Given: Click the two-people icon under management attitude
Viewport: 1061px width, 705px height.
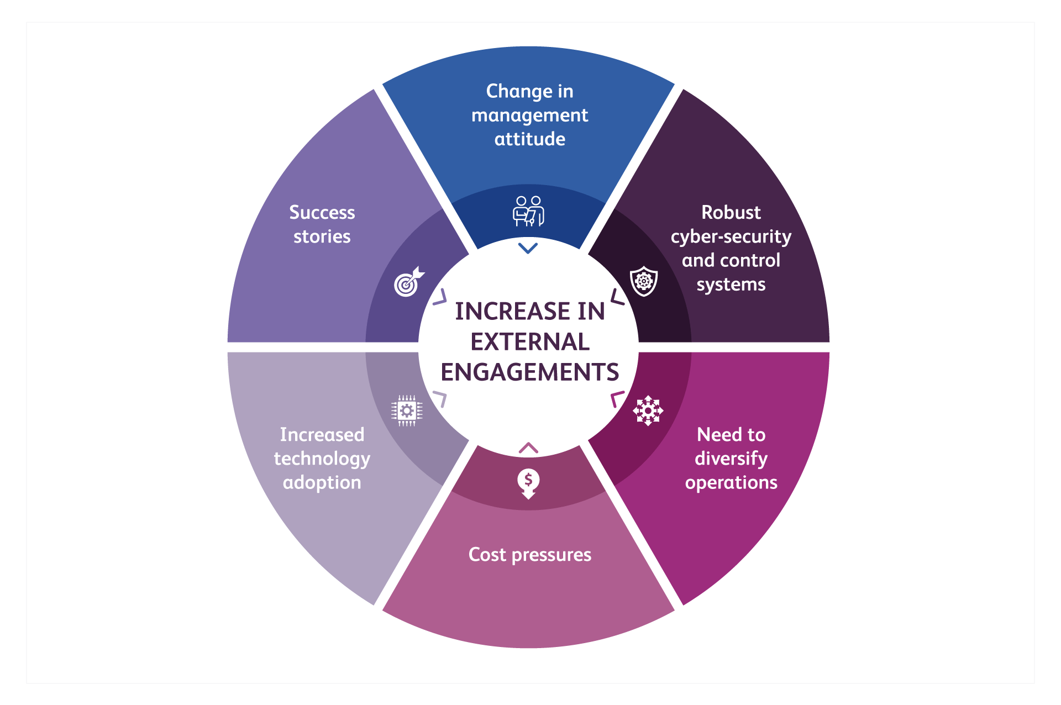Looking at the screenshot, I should [x=528, y=211].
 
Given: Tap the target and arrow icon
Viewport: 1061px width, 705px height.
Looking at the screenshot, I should [x=408, y=282].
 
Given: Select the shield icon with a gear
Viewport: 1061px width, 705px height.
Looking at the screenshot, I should [x=644, y=281].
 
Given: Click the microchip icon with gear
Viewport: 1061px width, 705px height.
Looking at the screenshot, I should [x=407, y=411].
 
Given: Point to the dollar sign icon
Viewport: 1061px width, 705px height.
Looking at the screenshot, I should [x=528, y=483].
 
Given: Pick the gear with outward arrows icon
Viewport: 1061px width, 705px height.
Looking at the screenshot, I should [x=648, y=411].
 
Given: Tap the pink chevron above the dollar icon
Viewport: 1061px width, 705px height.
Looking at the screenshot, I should [x=528, y=448].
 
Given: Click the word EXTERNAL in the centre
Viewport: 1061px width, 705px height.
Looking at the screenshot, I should [x=529, y=342].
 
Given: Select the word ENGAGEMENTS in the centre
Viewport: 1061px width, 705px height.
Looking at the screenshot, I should [x=529, y=372].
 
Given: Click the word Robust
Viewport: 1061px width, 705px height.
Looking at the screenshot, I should [x=731, y=213].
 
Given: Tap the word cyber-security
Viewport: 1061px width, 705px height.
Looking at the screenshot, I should [x=731, y=237].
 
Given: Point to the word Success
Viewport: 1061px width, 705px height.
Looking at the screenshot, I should [x=322, y=213].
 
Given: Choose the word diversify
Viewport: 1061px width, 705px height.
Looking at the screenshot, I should [x=731, y=459].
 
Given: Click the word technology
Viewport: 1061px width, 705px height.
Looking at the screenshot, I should [x=322, y=459].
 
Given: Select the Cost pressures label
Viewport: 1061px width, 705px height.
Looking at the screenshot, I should [x=529, y=555].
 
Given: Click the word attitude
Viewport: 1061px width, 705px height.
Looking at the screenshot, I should [x=529, y=139].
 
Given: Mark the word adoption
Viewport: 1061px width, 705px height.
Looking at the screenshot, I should [x=322, y=483].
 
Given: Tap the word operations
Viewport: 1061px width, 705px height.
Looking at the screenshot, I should [x=731, y=483].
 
